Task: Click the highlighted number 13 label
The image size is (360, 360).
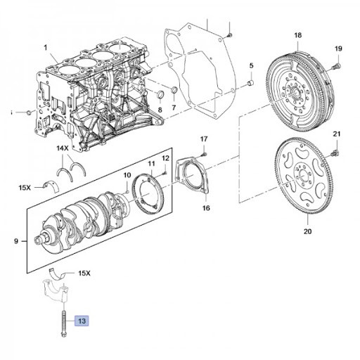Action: pos(82,321)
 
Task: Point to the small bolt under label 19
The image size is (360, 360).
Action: pos(336,65)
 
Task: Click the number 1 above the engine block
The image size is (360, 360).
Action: pos(45,48)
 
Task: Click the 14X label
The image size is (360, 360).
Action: pos(62,150)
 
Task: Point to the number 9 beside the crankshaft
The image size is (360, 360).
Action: pos(17,241)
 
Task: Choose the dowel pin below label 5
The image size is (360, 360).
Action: pos(249,84)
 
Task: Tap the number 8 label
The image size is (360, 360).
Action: pos(160,110)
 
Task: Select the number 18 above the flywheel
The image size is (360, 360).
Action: pos(297,35)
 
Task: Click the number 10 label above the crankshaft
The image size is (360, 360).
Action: pos(127,175)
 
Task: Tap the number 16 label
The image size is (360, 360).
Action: pos(205,209)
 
